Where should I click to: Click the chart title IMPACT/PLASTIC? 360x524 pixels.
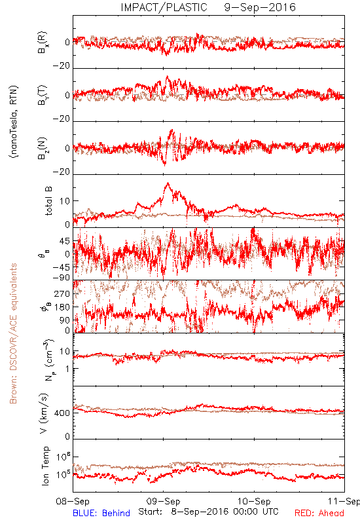point(164,7)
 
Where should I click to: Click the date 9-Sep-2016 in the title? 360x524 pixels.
point(260,7)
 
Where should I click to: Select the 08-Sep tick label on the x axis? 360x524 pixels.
point(73,501)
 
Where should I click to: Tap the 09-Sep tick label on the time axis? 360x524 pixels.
point(163,501)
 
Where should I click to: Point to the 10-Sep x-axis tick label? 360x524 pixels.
point(254,501)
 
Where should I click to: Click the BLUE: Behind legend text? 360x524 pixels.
point(101,513)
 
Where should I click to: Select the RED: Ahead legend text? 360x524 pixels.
point(319,513)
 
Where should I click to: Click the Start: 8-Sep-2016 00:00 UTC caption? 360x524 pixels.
point(208,512)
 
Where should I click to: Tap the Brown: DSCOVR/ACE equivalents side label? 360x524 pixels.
point(13,333)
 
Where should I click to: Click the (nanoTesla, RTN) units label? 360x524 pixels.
point(14,122)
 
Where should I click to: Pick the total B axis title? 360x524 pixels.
point(48,201)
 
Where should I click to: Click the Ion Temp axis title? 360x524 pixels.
point(46,466)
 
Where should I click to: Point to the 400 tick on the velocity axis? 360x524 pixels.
point(62,413)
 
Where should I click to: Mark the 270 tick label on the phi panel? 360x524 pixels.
point(62,293)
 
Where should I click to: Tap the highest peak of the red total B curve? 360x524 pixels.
point(168,183)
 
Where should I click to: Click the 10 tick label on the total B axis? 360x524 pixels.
point(65,201)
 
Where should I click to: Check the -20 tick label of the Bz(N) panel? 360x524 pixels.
point(62,172)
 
